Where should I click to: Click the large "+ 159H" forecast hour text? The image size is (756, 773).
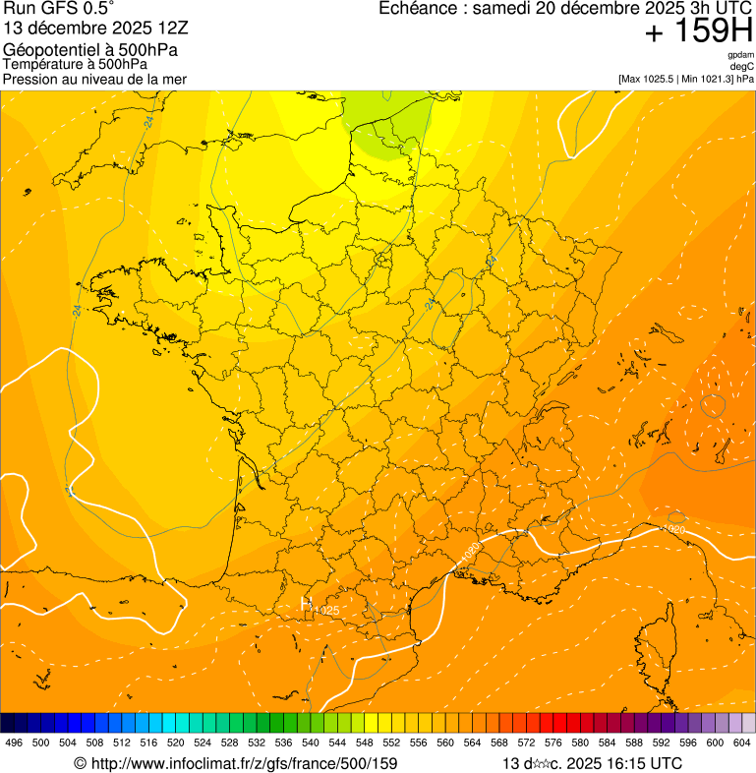[x=698, y=32]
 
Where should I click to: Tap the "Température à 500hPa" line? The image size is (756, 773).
[x=75, y=65]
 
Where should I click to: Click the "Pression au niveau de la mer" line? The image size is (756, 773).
[x=94, y=79]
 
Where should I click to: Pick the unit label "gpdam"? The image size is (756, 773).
[x=740, y=55]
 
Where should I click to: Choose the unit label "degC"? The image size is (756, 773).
[x=742, y=66]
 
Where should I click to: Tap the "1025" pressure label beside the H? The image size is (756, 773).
[x=326, y=611]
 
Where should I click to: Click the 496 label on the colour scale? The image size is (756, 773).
[x=14, y=743]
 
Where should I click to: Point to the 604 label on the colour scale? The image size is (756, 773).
[x=742, y=743]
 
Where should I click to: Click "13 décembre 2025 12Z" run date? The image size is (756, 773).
[x=103, y=28]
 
